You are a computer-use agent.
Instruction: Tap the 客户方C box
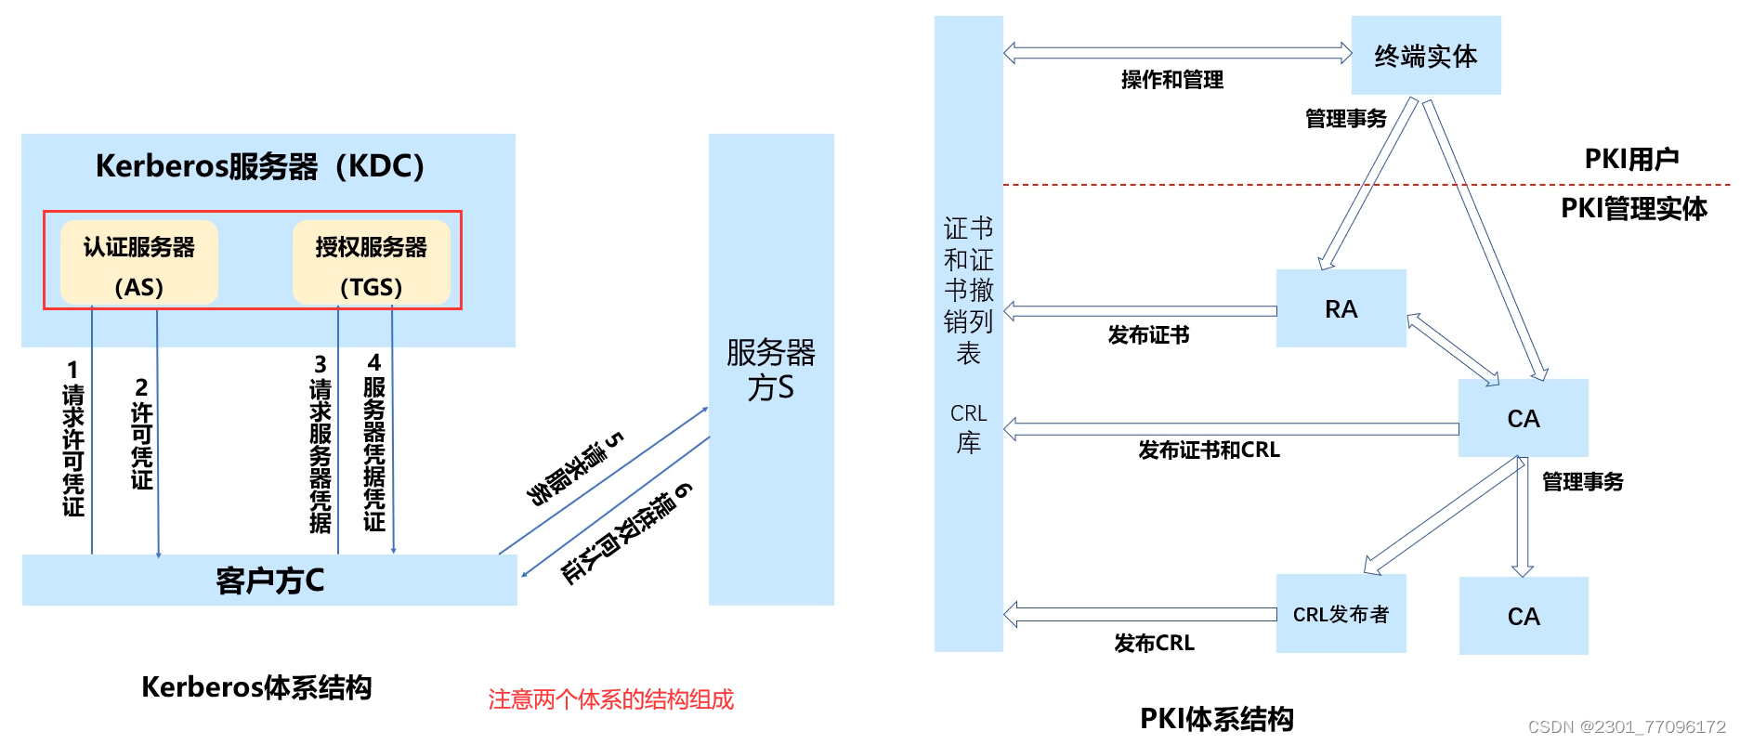click(269, 581)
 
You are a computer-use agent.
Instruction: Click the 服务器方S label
click(771, 370)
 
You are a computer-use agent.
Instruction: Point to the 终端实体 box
click(1426, 56)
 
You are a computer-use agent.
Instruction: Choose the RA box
click(1341, 308)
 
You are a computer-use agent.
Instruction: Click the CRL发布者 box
click(1341, 614)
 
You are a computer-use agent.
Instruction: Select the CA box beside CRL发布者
click(1524, 616)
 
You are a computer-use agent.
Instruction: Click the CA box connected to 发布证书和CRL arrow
click(1524, 418)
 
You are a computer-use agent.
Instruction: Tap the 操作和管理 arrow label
click(1171, 80)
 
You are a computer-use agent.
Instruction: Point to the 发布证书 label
click(1148, 335)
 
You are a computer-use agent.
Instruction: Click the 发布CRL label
click(1154, 643)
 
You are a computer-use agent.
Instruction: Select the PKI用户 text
click(1631, 159)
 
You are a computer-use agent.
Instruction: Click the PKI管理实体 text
click(1633, 208)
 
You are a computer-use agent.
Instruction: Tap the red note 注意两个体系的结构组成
click(610, 699)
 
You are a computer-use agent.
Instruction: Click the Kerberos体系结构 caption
click(256, 687)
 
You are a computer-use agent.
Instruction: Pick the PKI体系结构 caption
click(1216, 719)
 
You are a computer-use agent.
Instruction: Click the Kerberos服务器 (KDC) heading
click(260, 166)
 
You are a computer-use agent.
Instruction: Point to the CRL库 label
click(968, 428)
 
